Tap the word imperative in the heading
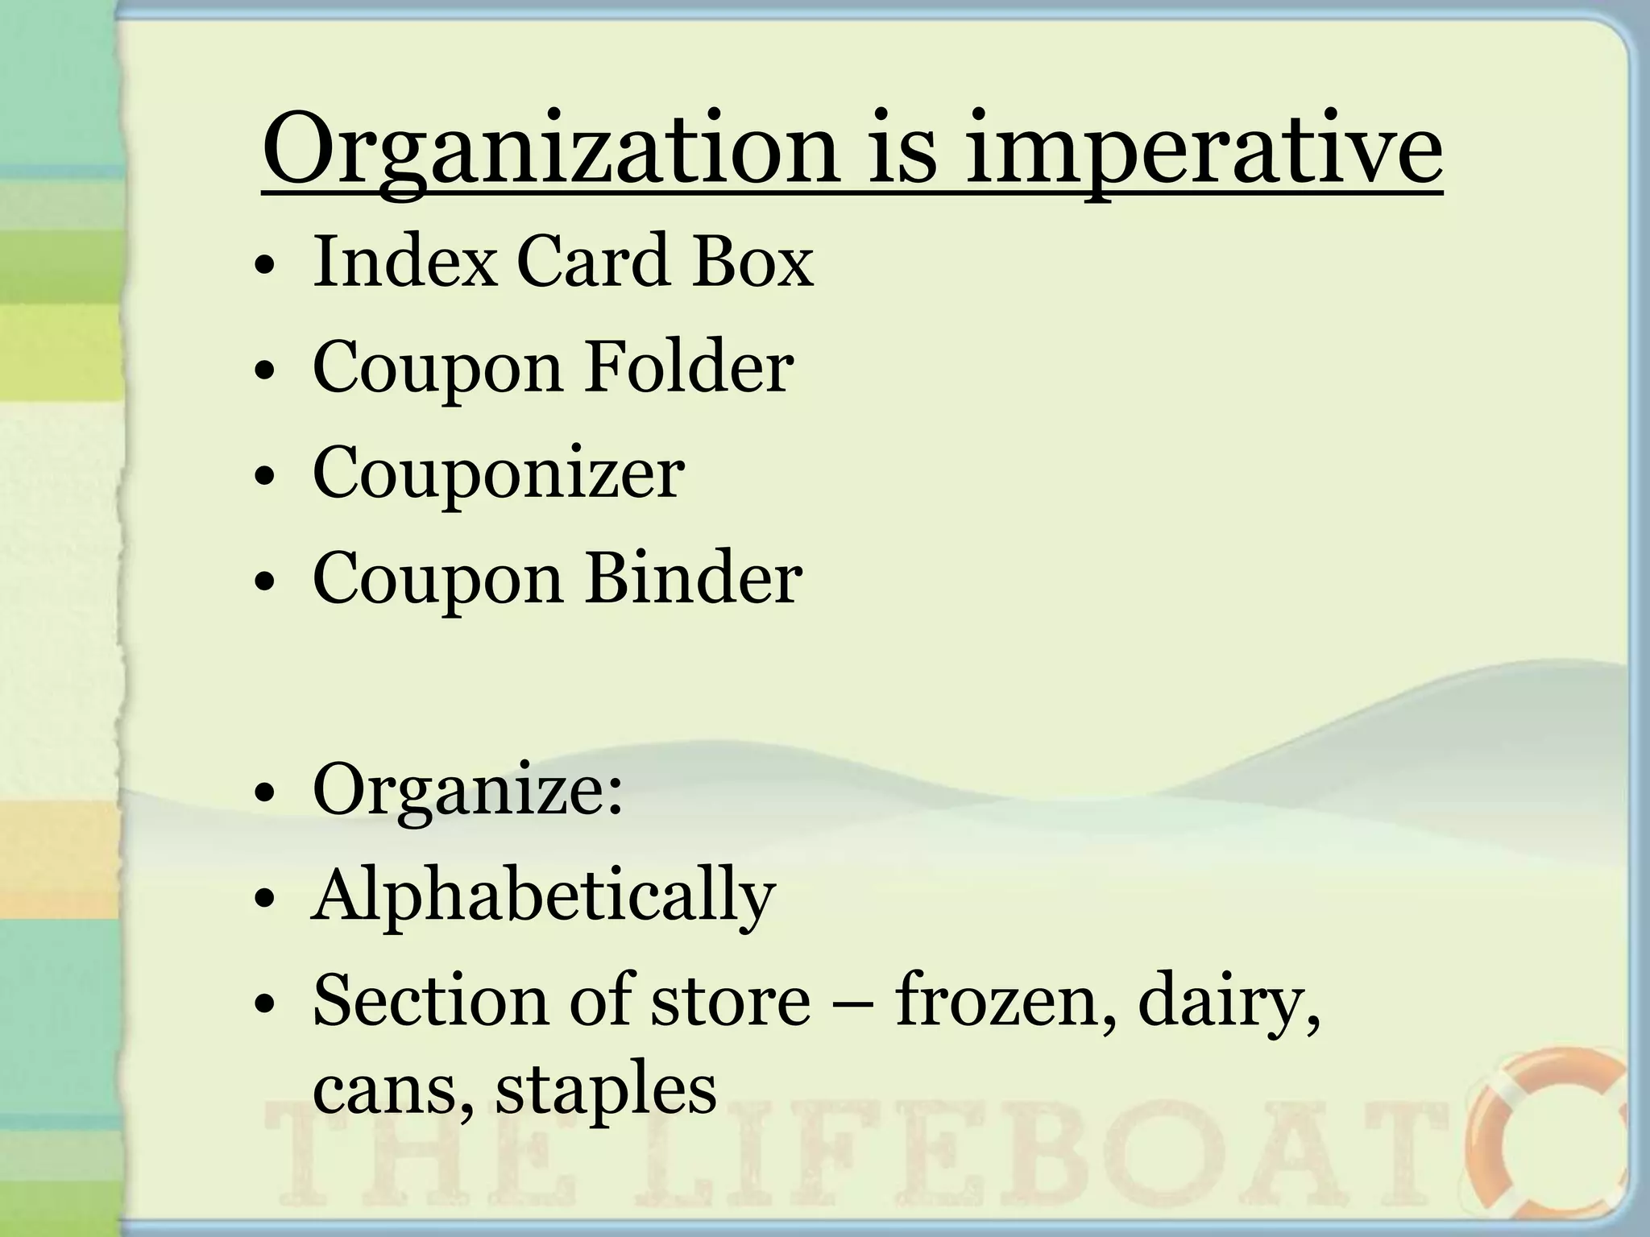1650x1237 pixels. point(1203,153)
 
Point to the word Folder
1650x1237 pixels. point(689,367)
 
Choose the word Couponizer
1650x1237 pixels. point(498,473)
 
